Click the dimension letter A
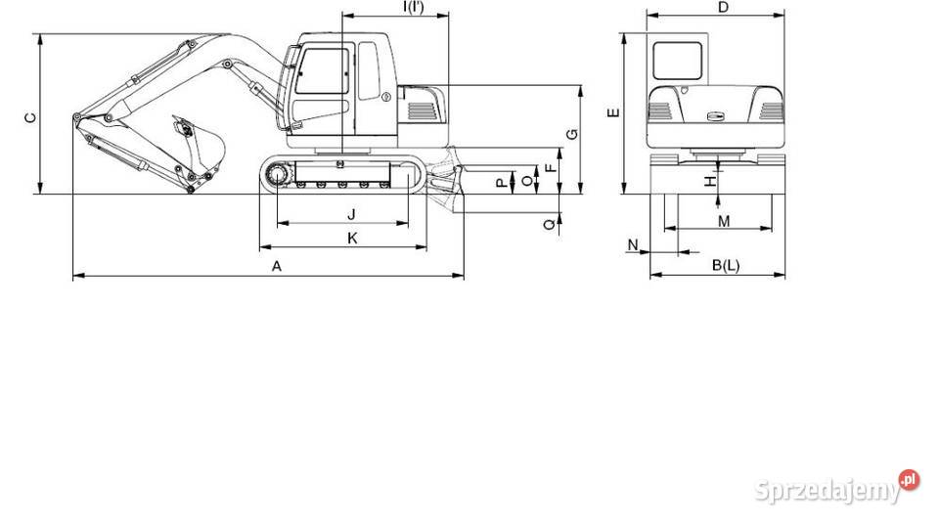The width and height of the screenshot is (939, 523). [x=277, y=266]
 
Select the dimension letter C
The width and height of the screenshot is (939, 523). [x=30, y=118]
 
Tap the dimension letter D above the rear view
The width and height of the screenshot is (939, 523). [x=723, y=8]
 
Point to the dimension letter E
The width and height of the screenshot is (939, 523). [x=613, y=113]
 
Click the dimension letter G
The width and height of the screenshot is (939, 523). [x=571, y=134]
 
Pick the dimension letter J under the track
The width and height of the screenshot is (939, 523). [x=350, y=213]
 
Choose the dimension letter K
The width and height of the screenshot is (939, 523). [x=352, y=238]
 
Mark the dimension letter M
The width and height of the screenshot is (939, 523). [x=724, y=222]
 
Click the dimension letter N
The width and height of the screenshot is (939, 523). [x=633, y=242]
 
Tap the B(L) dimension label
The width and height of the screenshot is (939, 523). [x=725, y=265]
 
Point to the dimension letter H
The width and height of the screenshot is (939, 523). [x=710, y=180]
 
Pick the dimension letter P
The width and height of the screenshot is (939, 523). [x=502, y=182]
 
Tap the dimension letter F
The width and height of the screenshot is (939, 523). [x=551, y=167]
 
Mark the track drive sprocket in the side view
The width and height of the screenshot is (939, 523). [x=275, y=175]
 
